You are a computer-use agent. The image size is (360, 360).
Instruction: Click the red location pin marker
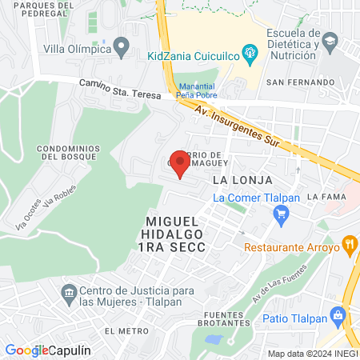click(181, 164)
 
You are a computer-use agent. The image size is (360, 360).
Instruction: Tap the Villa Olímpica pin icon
click(122, 47)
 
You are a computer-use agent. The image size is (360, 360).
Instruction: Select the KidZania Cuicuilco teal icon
click(251, 55)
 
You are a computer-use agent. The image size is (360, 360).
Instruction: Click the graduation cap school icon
click(330, 40)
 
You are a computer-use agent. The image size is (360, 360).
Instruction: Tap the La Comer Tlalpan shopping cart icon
click(280, 214)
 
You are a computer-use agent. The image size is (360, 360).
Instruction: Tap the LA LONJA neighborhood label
click(242, 180)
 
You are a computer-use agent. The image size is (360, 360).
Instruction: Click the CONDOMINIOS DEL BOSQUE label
click(70, 153)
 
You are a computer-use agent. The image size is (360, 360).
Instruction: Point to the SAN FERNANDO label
click(300, 82)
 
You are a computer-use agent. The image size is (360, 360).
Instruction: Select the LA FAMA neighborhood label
click(326, 196)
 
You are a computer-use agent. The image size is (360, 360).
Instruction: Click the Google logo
click(26, 350)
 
